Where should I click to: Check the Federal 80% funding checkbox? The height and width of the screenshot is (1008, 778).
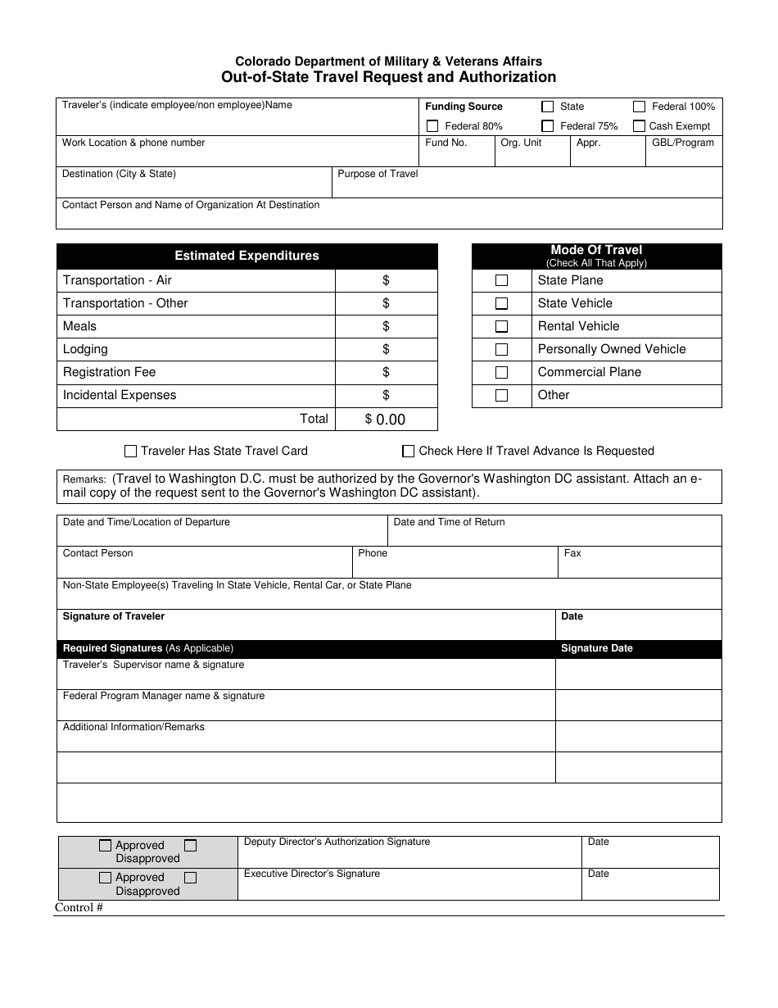(x=432, y=126)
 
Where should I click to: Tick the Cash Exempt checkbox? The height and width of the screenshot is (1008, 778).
(x=640, y=126)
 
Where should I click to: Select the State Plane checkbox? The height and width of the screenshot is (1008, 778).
(x=502, y=280)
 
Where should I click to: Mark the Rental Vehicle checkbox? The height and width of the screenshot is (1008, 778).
(x=502, y=326)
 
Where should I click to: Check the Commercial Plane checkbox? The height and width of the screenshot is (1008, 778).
(x=502, y=372)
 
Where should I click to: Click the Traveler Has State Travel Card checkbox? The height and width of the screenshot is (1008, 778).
(x=130, y=451)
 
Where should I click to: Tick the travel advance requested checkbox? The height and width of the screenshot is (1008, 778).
(x=408, y=451)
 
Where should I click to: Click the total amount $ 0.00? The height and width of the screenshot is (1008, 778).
(x=386, y=420)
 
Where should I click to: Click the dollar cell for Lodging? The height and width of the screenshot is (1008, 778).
(x=386, y=349)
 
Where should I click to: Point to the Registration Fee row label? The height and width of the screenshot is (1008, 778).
(x=109, y=372)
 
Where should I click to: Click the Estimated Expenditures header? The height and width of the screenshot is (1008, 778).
(x=247, y=256)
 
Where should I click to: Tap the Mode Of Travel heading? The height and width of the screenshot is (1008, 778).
(x=596, y=251)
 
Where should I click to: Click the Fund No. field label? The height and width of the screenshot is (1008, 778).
(x=446, y=143)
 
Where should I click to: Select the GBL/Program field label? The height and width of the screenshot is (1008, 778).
(x=683, y=143)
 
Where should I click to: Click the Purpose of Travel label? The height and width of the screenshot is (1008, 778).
(x=378, y=174)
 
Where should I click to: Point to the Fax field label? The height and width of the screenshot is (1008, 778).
(x=572, y=553)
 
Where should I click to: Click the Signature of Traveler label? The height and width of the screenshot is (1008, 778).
(x=114, y=616)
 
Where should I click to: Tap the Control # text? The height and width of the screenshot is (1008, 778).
(x=79, y=907)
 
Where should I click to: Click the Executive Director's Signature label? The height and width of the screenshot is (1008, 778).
(x=312, y=874)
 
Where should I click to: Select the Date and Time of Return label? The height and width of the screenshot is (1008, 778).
(x=449, y=522)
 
